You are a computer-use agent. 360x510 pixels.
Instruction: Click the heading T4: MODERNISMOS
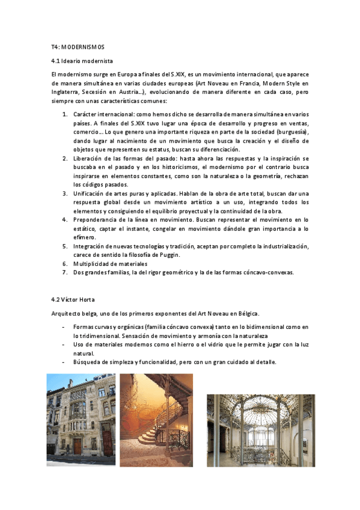click(x=78, y=48)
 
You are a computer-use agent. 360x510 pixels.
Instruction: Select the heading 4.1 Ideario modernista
click(x=82, y=61)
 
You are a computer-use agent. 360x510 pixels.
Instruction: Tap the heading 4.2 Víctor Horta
click(x=73, y=300)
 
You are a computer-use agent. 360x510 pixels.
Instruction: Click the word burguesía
click(x=290, y=131)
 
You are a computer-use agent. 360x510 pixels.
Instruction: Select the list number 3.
click(x=65, y=194)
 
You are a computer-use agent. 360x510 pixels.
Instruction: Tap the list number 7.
click(x=65, y=272)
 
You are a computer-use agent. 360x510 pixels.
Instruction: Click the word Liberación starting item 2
click(x=91, y=158)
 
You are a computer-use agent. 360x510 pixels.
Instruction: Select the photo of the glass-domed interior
click(x=261, y=422)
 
